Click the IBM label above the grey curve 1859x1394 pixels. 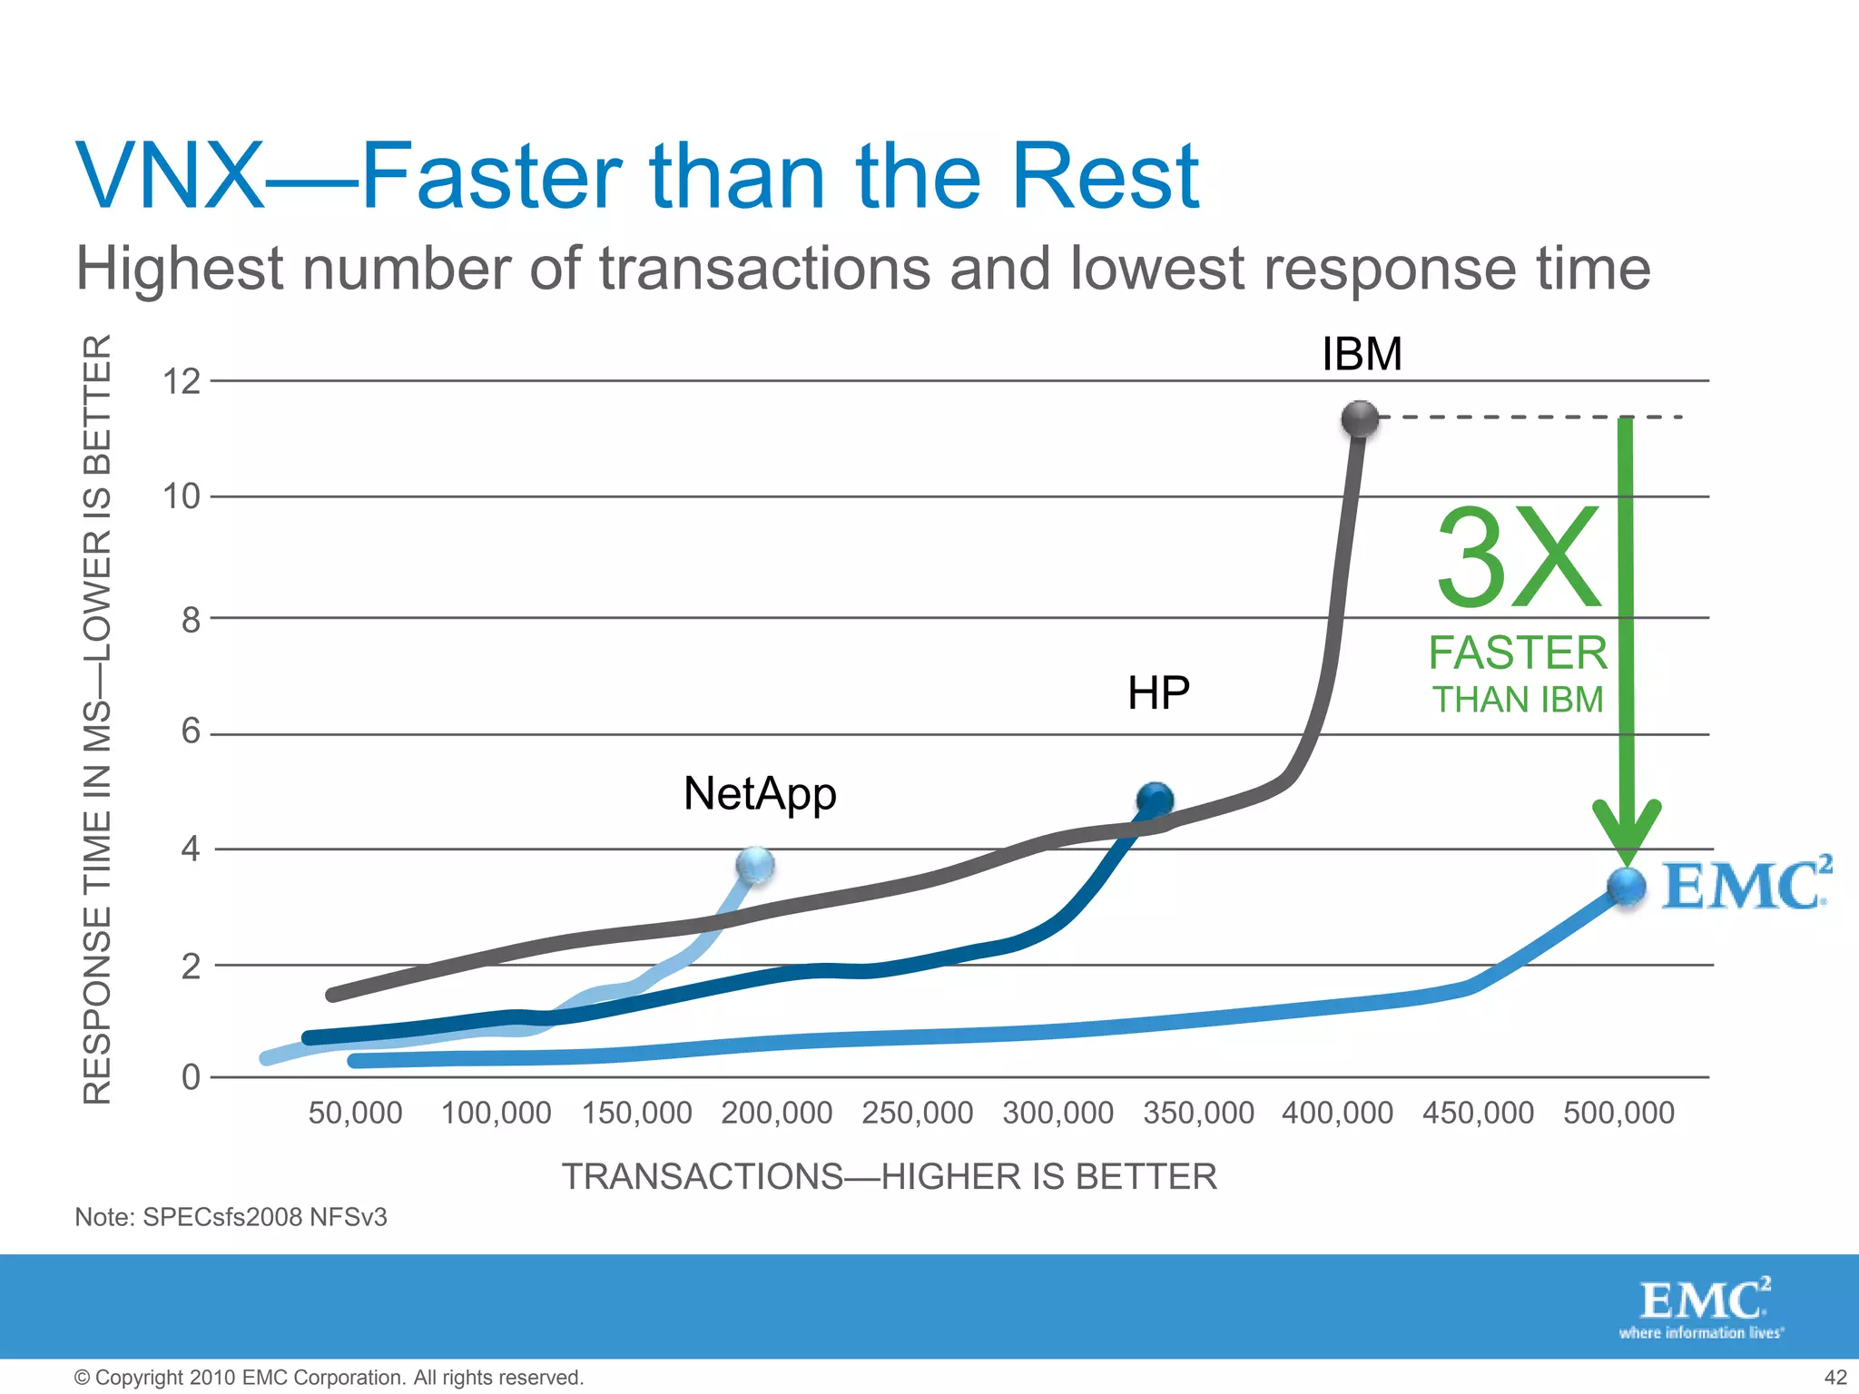click(x=1362, y=354)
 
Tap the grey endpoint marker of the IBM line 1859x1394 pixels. click(x=1360, y=419)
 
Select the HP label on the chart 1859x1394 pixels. click(x=1158, y=693)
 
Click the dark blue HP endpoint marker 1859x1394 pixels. click(x=1155, y=800)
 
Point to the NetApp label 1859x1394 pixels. click(x=760, y=794)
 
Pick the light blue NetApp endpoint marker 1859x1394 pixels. click(x=755, y=866)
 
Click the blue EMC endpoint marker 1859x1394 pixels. click(x=1626, y=887)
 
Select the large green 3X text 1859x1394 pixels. click(x=1519, y=558)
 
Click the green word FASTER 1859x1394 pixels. click(x=1518, y=653)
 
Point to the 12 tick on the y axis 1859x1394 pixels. click(x=182, y=382)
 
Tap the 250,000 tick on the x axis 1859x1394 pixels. click(x=917, y=1113)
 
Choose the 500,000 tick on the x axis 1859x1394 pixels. click(x=1618, y=1113)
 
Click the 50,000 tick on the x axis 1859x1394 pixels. click(x=355, y=1113)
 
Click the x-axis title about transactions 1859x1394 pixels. click(x=889, y=1176)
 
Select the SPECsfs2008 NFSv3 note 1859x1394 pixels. click(x=231, y=1217)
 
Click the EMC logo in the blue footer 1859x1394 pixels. click(x=1703, y=1308)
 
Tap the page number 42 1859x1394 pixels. click(x=1834, y=1378)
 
